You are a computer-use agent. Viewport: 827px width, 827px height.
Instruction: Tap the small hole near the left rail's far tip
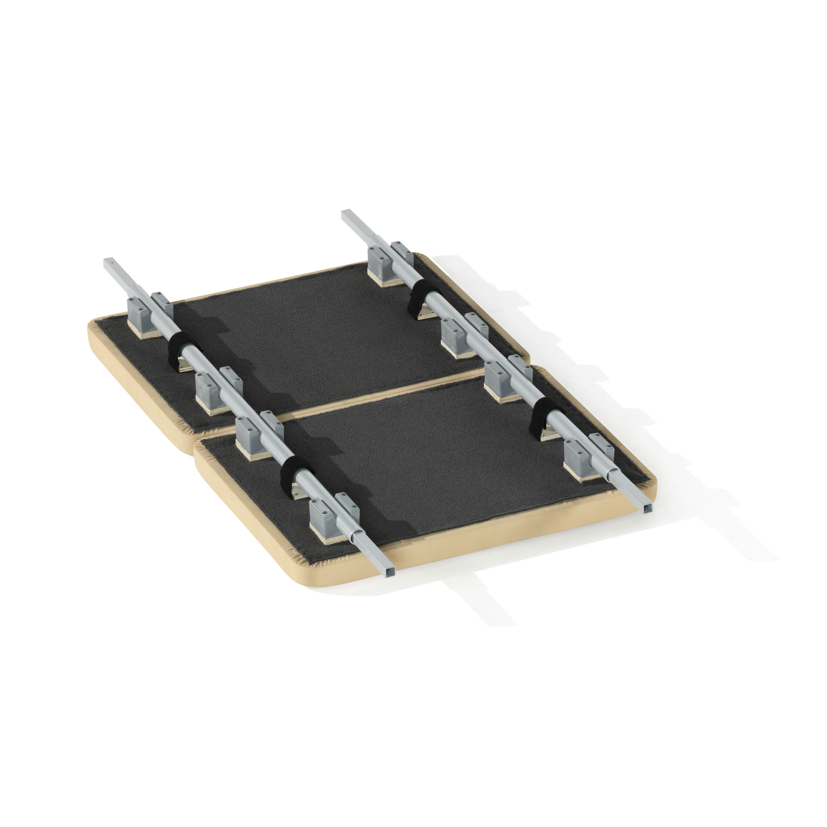(111, 260)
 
